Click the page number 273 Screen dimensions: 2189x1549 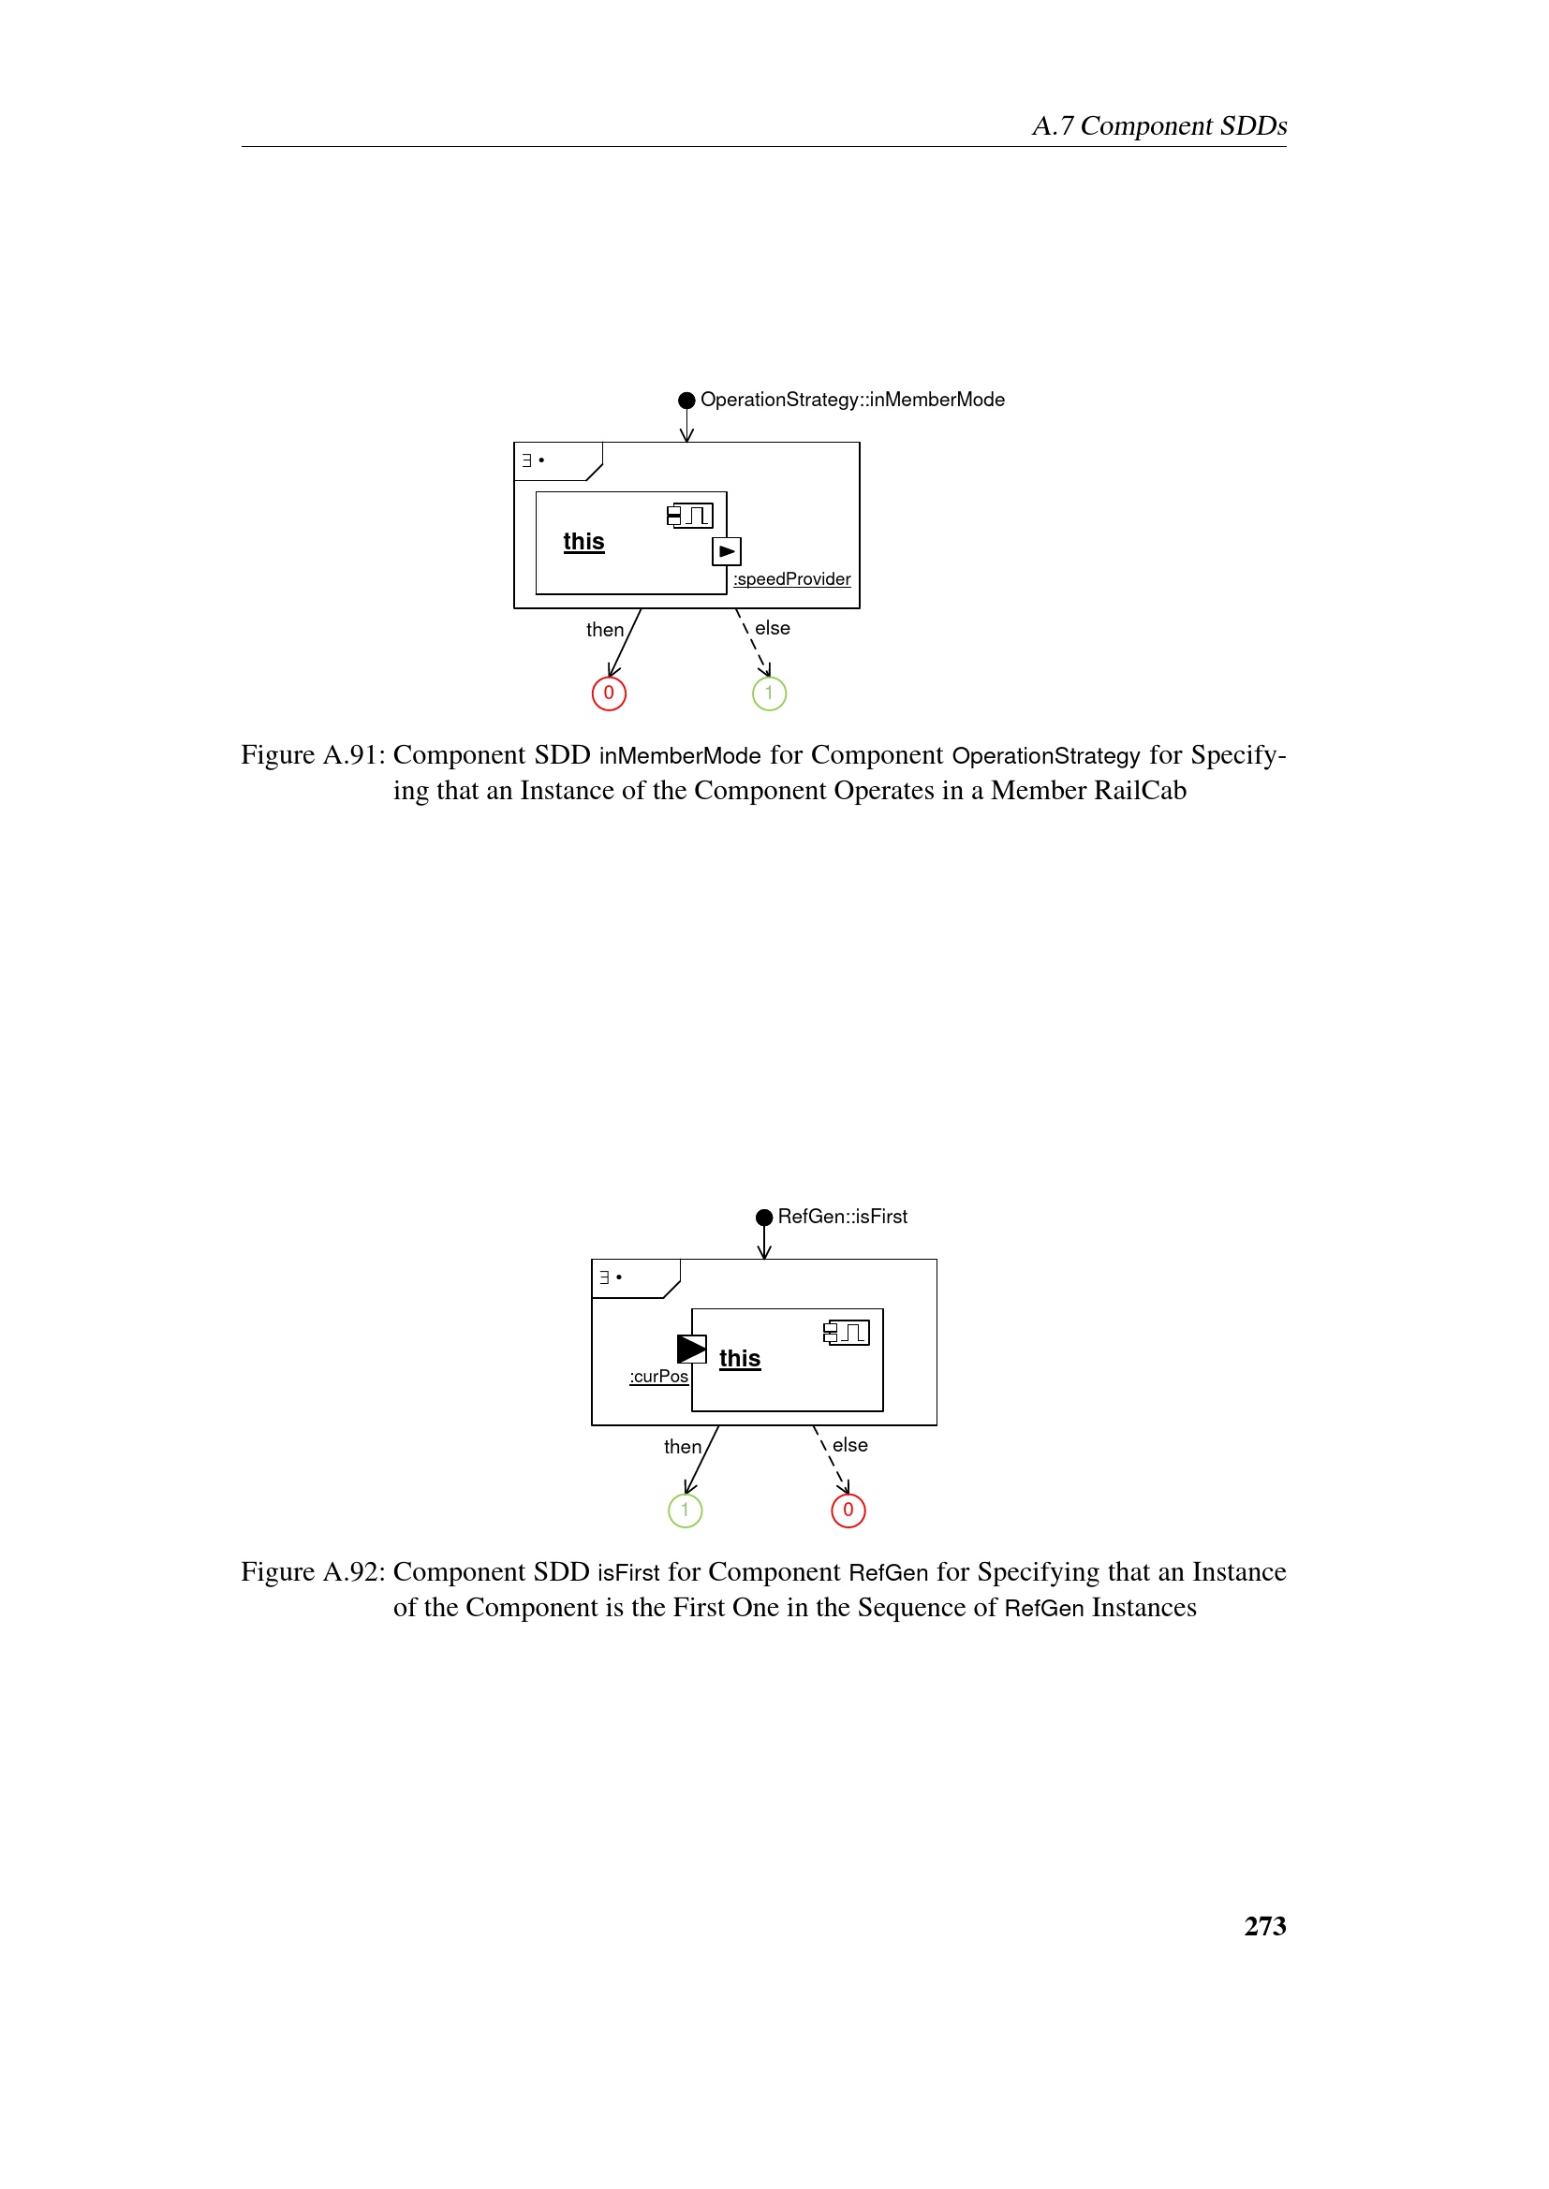pos(1263,1926)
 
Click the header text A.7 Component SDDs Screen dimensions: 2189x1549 pos(1158,125)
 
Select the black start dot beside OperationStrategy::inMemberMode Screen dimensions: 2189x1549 pos(686,401)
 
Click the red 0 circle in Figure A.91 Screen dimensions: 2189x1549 pos(609,693)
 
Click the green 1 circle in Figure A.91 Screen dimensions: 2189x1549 pos(769,693)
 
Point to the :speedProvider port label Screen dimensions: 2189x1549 pos(791,578)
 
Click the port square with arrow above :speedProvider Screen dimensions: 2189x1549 pos(727,551)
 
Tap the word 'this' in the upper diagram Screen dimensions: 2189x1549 pos(583,542)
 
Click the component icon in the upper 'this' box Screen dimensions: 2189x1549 pos(689,516)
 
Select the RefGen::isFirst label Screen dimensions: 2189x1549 pos(842,1217)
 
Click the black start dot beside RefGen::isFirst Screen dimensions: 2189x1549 pos(764,1218)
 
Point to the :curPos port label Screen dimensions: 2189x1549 pos(659,1376)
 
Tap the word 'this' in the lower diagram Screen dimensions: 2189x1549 pos(740,1359)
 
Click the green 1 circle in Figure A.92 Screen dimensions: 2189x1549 pos(685,1510)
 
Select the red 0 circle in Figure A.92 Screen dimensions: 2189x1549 pos(848,1510)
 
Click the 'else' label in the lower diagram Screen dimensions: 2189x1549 pos(849,1445)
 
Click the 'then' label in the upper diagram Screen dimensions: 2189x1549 pos(605,630)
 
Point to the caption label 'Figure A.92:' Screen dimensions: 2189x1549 pos(312,1572)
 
